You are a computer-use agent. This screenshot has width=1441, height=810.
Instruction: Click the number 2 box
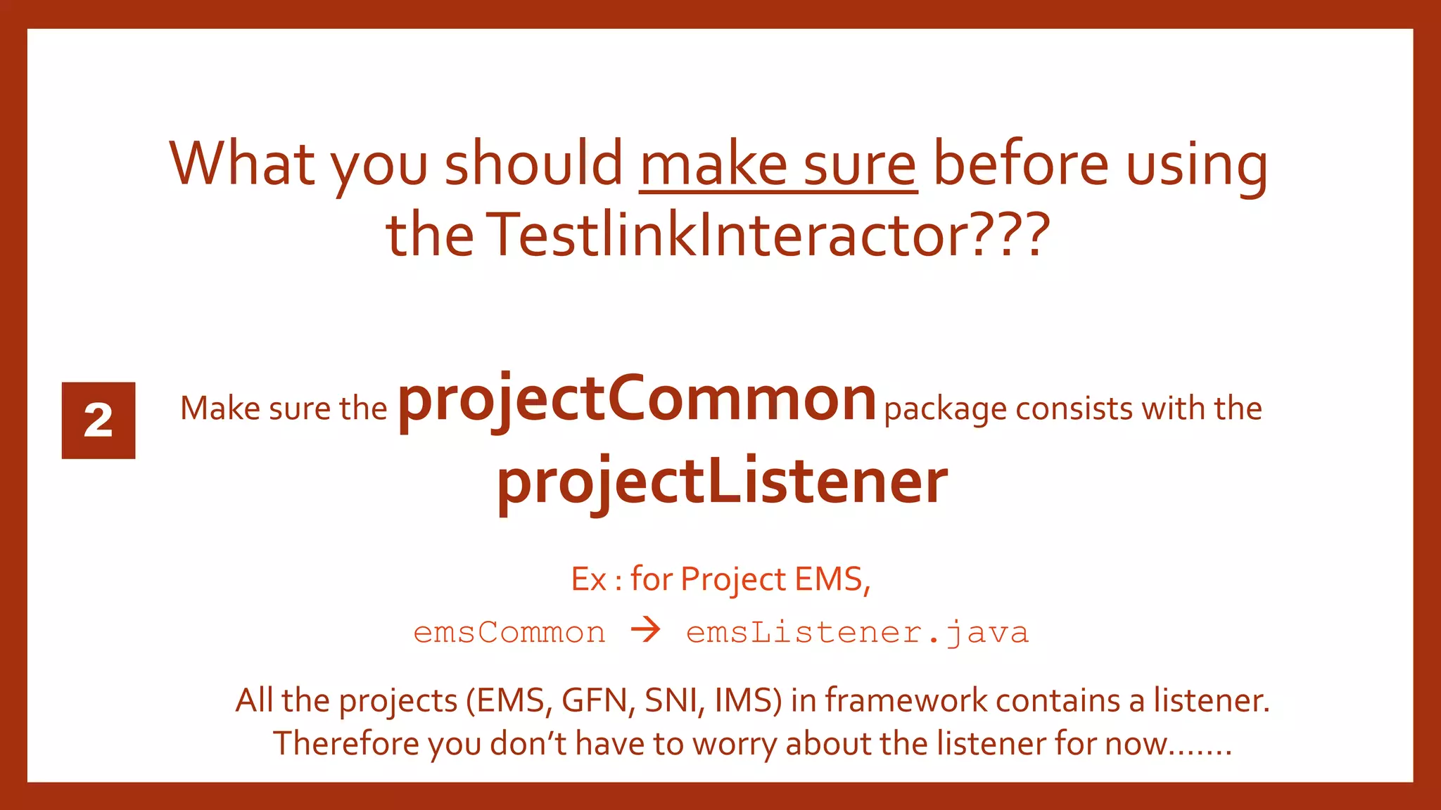click(x=99, y=420)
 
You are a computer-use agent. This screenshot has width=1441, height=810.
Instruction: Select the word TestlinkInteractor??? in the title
click(x=768, y=235)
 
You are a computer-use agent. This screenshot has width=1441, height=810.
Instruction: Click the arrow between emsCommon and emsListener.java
click(x=645, y=630)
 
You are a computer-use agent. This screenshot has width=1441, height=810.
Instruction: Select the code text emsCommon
click(x=509, y=633)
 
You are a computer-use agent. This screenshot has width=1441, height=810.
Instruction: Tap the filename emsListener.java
click(x=857, y=633)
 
